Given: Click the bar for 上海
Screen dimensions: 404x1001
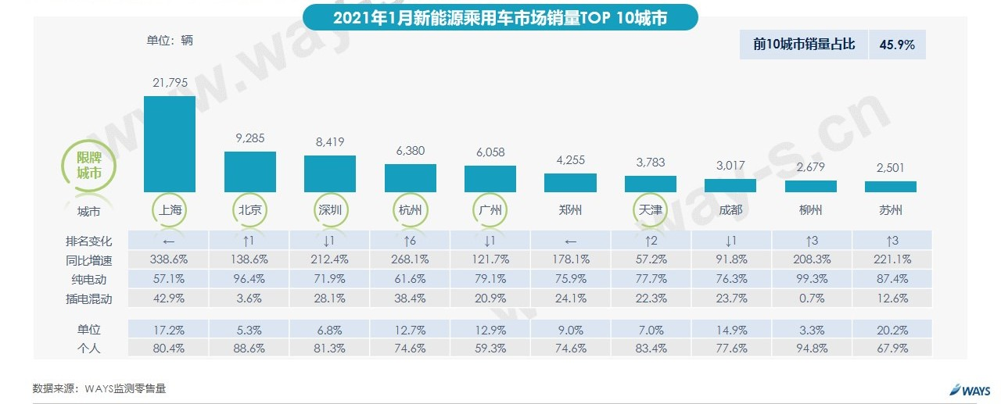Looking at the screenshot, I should [x=170, y=144].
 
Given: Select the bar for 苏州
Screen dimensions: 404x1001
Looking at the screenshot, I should [x=890, y=187].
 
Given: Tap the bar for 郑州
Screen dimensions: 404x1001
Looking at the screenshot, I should [x=570, y=182].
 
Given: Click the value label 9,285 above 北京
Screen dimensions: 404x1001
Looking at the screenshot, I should [x=249, y=138].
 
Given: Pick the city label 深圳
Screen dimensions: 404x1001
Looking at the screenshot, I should [x=330, y=210].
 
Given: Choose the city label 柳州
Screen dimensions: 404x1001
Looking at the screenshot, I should [x=810, y=210].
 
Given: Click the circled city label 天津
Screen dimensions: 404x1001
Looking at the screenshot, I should [x=650, y=210].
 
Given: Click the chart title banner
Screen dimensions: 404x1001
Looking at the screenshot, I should [x=500, y=18].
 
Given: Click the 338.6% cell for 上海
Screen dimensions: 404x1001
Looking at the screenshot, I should [x=170, y=259].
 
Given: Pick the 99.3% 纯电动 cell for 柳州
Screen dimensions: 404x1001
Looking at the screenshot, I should [x=810, y=278].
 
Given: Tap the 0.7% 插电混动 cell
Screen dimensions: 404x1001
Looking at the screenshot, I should [x=810, y=298].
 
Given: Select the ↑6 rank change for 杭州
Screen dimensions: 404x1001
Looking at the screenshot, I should [x=410, y=240].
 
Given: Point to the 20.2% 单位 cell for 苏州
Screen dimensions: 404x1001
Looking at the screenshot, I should [x=890, y=330].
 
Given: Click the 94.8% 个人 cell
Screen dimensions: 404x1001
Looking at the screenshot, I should [x=810, y=349].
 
